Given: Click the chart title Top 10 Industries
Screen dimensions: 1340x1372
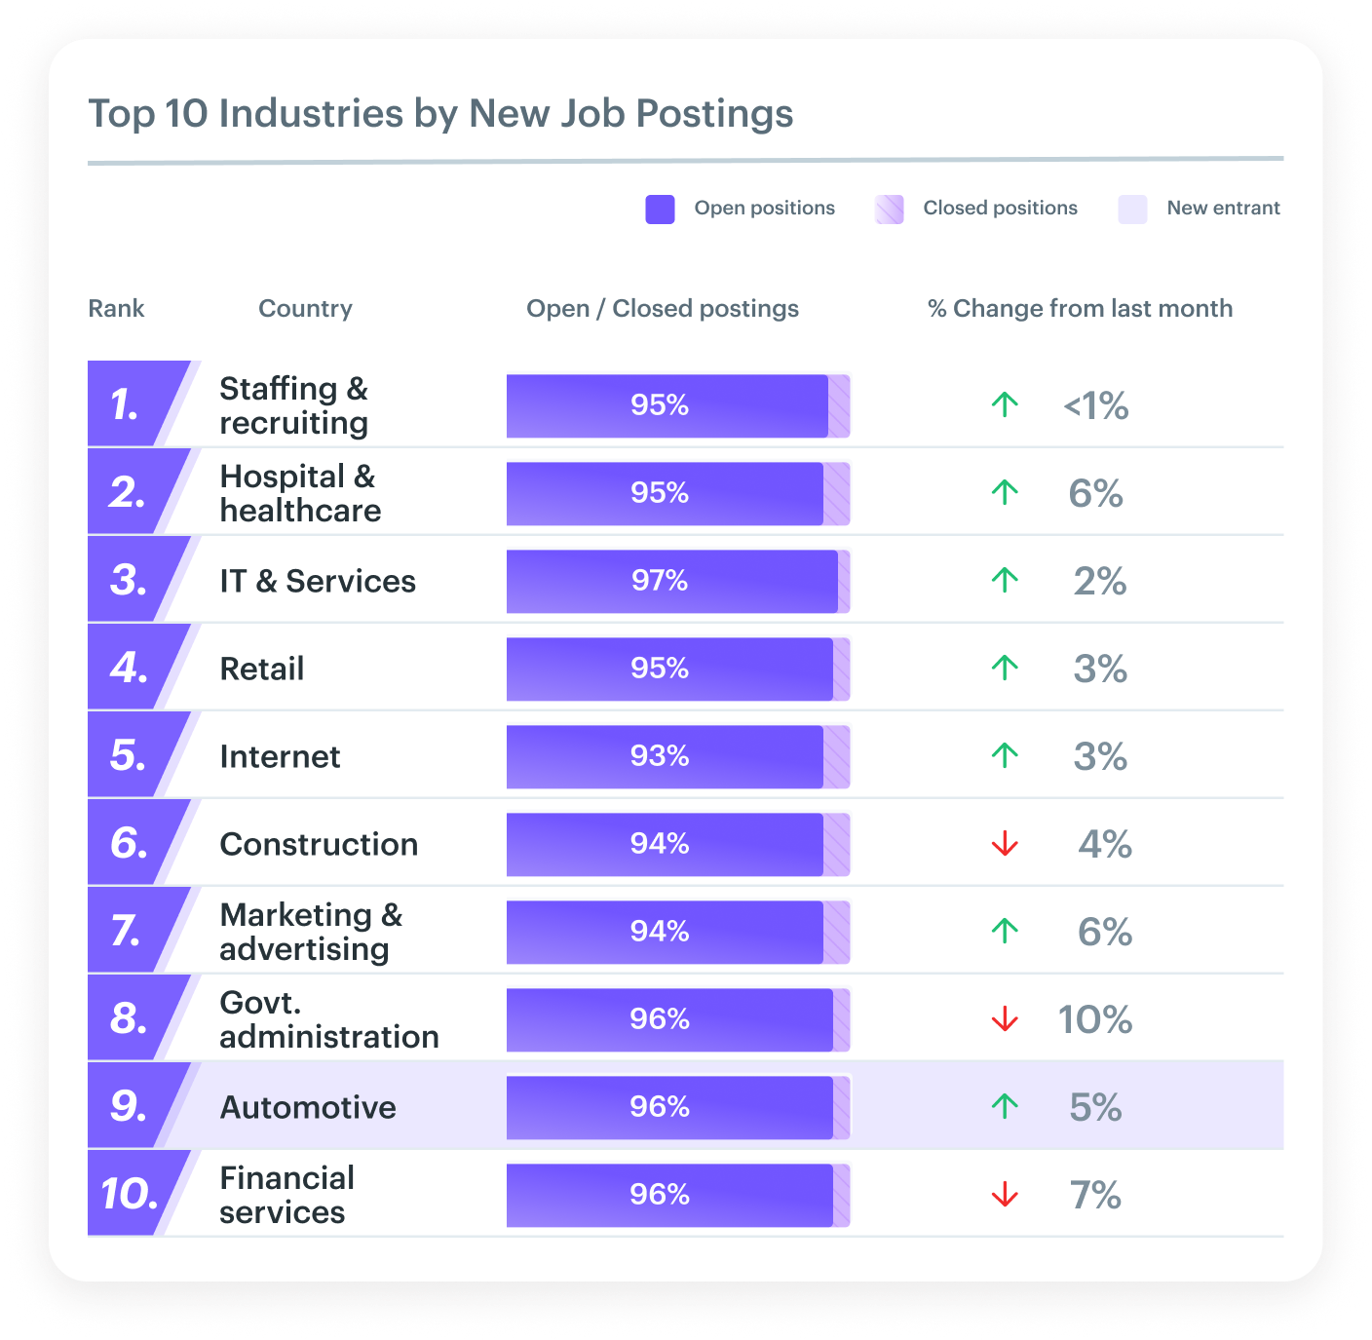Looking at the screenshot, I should tap(440, 113).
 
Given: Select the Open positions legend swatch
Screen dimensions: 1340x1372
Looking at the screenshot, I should tap(660, 209).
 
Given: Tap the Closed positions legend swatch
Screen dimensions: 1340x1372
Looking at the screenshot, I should tap(889, 209).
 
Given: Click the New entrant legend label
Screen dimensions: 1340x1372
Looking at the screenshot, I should tap(1223, 208).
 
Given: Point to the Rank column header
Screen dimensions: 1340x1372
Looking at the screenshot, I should tap(116, 309).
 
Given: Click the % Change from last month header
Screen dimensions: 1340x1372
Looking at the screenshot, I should tap(1080, 309).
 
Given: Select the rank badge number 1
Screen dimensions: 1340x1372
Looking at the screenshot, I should tap(126, 404).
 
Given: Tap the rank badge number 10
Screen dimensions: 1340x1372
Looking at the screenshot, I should tap(129, 1194).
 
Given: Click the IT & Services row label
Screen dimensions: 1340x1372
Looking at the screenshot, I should tap(318, 581).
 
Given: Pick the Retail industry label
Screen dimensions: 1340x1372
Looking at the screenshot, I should tap(262, 669).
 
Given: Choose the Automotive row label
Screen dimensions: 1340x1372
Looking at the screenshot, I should tap(308, 1107).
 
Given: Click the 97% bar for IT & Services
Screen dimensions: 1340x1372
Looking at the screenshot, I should tap(671, 581).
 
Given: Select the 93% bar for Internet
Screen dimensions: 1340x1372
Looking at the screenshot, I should tap(665, 756).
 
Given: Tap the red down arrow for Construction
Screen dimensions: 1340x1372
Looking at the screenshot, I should tap(1005, 844).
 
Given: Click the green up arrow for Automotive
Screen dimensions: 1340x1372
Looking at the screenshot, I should tap(1005, 1106).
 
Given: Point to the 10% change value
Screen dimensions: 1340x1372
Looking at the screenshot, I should tap(1095, 1019).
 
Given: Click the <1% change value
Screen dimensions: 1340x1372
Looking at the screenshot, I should tap(1095, 405).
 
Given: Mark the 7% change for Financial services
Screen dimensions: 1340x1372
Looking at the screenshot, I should tap(1095, 1195).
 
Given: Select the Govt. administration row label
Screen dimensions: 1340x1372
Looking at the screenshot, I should tap(329, 1019).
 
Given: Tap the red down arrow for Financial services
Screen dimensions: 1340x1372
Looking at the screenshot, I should tap(1005, 1195).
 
